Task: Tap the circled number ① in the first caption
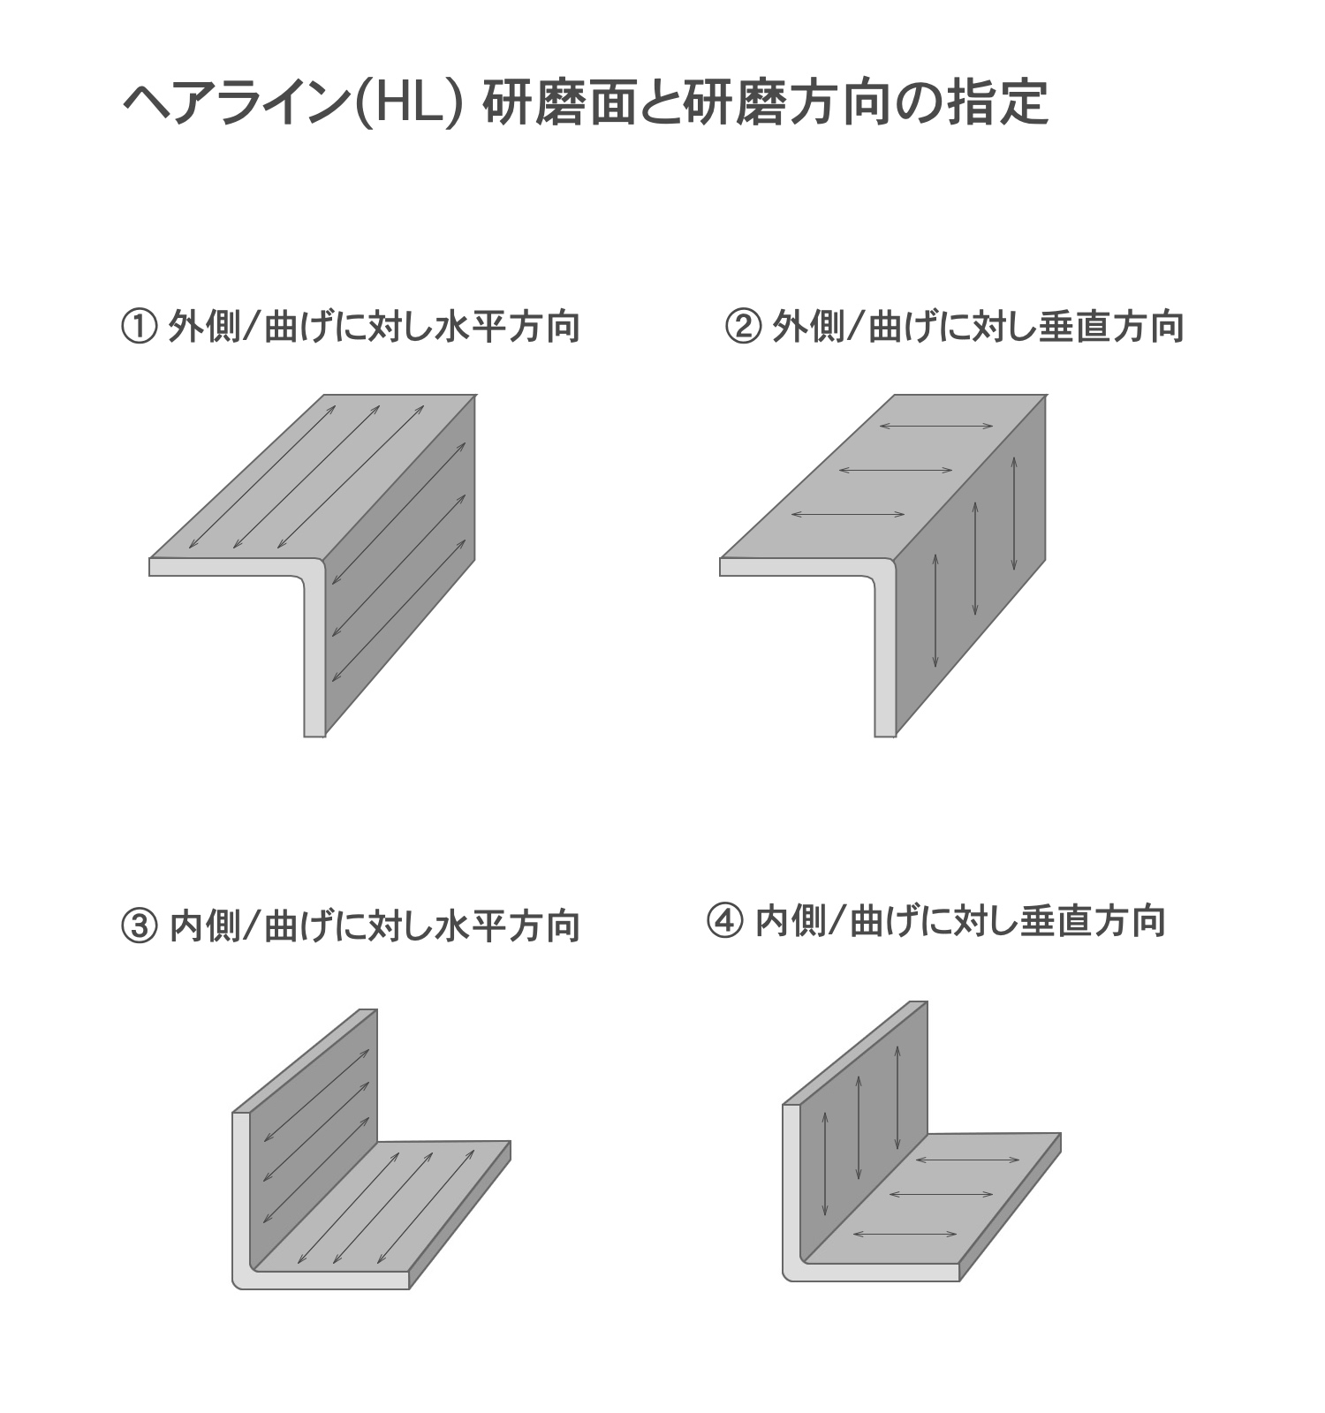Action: [138, 328]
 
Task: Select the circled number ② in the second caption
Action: [742, 328]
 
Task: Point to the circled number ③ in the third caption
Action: [138, 926]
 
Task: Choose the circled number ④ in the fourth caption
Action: [724, 921]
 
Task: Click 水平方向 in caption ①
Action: [508, 328]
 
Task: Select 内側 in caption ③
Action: [204, 926]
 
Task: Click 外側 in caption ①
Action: [204, 328]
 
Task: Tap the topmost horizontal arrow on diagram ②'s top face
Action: [936, 427]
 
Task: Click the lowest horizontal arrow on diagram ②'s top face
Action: [848, 514]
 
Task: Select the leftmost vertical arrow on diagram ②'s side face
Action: [935, 610]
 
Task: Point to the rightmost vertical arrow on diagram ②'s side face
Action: [1014, 513]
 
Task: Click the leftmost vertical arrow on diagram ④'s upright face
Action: [824, 1163]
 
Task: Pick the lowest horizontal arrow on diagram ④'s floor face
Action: [905, 1234]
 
